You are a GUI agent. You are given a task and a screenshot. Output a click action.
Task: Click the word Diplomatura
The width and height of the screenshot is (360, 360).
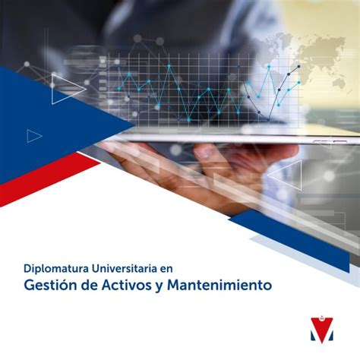tap(56, 269)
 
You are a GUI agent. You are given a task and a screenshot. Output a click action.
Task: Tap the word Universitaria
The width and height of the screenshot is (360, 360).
tap(124, 268)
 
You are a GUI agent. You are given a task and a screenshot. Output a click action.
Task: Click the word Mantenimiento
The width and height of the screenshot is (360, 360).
tap(219, 285)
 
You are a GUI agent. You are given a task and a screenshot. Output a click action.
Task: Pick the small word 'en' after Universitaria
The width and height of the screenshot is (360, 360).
tap(166, 270)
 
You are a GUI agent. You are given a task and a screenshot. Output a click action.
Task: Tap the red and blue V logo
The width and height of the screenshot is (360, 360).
tap(322, 329)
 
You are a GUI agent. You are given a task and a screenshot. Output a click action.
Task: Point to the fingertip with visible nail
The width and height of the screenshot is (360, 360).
tap(204, 151)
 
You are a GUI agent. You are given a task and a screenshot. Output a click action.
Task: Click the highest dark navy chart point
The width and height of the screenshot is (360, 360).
tap(299, 67)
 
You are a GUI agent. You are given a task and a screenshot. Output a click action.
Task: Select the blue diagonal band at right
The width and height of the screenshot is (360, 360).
tap(291, 241)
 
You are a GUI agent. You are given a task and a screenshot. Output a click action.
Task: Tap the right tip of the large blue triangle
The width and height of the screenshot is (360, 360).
tap(134, 125)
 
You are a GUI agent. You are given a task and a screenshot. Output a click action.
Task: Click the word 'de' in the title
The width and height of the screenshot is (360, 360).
tap(89, 285)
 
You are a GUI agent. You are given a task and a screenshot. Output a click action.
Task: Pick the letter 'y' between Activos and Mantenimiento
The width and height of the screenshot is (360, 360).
tap(159, 287)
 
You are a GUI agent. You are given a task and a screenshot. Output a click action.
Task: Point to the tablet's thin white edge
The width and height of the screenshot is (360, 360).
tap(228, 138)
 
